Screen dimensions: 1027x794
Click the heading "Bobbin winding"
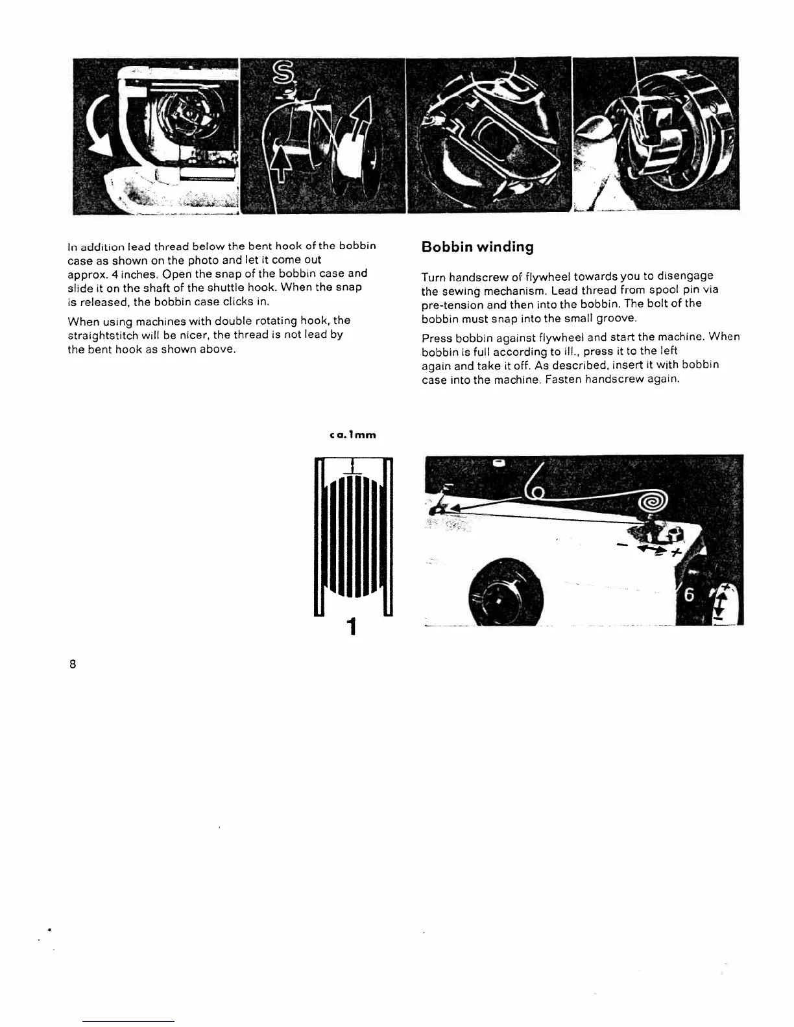pos(477,247)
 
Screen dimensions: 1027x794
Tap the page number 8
pos(73,664)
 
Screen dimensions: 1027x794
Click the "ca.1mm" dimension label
pos(353,435)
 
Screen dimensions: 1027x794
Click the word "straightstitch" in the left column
pos(99,335)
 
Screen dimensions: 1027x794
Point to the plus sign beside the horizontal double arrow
pos(676,552)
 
